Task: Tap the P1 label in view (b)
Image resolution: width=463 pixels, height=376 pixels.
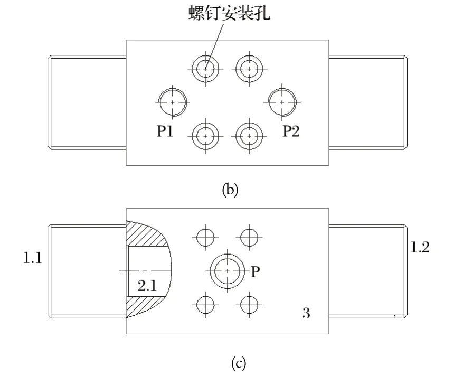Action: (165, 131)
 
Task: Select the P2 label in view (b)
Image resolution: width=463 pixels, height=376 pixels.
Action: (291, 131)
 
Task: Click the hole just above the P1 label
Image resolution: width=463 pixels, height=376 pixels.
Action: (173, 102)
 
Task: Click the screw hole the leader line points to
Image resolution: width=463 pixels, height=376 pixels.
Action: (205, 69)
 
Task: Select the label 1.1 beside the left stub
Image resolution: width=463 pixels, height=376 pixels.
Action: (32, 259)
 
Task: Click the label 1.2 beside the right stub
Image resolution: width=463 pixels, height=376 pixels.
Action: (420, 247)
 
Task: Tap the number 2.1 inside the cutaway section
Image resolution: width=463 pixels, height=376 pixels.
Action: (147, 287)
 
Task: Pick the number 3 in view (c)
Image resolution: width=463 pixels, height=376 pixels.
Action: (306, 313)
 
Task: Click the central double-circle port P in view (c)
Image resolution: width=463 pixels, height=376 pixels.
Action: (227, 270)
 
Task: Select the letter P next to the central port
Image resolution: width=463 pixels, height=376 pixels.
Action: (256, 271)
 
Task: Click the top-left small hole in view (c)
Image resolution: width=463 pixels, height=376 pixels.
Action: (205, 237)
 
